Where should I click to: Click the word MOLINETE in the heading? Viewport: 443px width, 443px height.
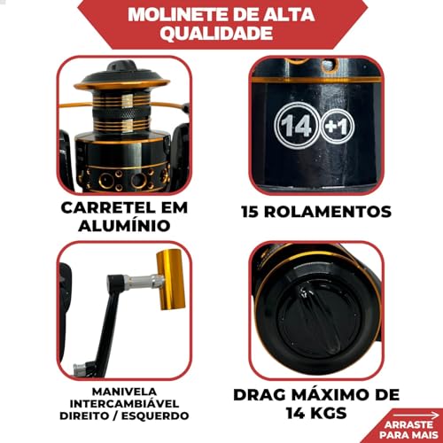click(x=174, y=15)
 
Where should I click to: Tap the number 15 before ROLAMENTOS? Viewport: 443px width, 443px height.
click(x=258, y=213)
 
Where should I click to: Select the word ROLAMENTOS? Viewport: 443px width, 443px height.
click(x=333, y=213)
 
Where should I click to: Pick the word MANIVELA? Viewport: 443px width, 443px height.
click(x=123, y=367)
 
